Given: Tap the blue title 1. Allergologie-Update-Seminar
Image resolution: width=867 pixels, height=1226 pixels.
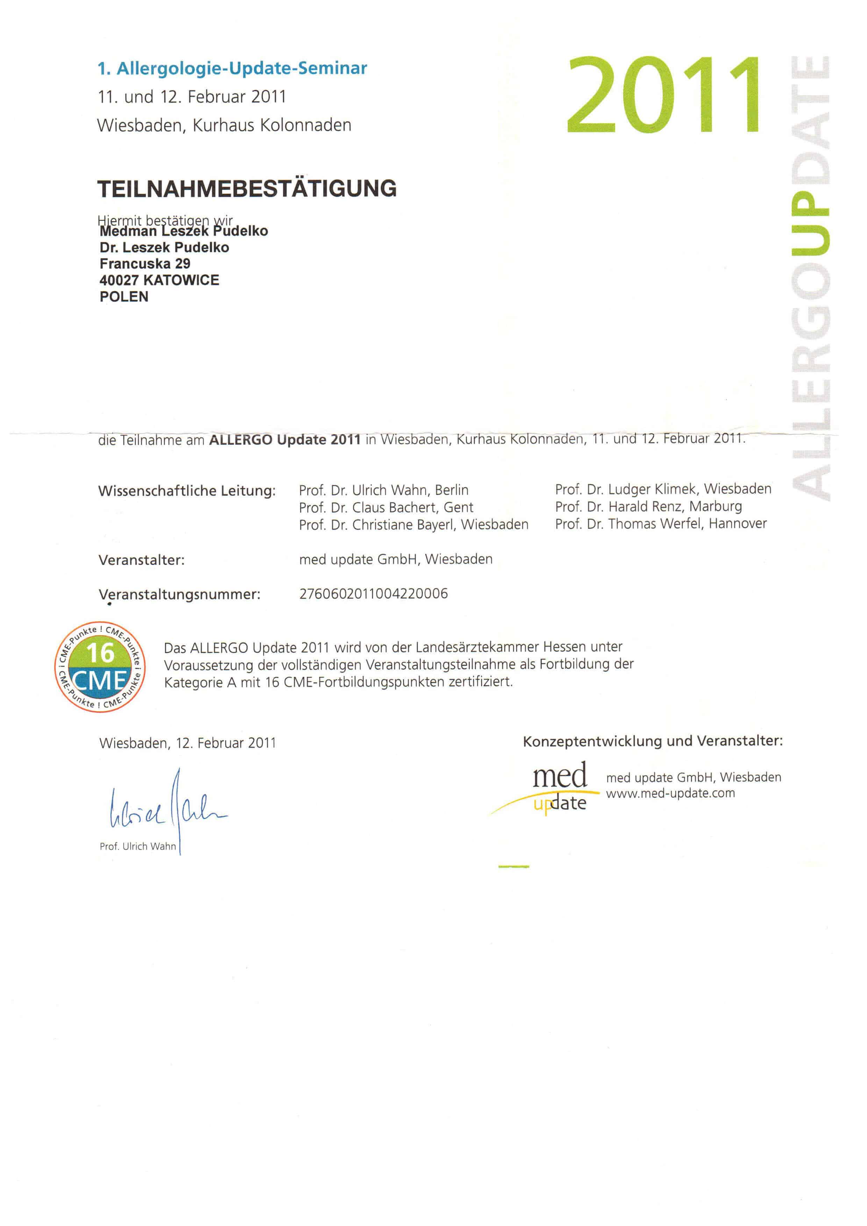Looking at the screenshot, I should (x=232, y=69).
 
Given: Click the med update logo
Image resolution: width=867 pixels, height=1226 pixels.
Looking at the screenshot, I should (x=555, y=788).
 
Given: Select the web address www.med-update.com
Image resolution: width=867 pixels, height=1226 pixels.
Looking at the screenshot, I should (x=670, y=794).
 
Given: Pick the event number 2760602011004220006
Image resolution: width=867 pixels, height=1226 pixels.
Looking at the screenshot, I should (x=373, y=594).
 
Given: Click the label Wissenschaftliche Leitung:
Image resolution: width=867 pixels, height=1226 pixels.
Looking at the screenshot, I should (x=187, y=491).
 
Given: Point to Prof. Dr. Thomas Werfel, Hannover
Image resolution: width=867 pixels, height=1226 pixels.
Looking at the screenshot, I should (x=660, y=524).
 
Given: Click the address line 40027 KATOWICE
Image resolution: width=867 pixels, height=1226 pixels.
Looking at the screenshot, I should (x=159, y=280).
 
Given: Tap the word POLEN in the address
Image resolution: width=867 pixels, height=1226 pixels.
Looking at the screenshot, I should (x=124, y=297).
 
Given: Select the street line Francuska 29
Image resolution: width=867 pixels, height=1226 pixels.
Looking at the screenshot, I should (x=145, y=264).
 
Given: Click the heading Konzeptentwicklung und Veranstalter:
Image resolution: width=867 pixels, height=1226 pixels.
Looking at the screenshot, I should (x=652, y=741).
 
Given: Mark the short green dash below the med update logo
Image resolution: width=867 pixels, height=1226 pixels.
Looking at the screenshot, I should (x=513, y=867).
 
